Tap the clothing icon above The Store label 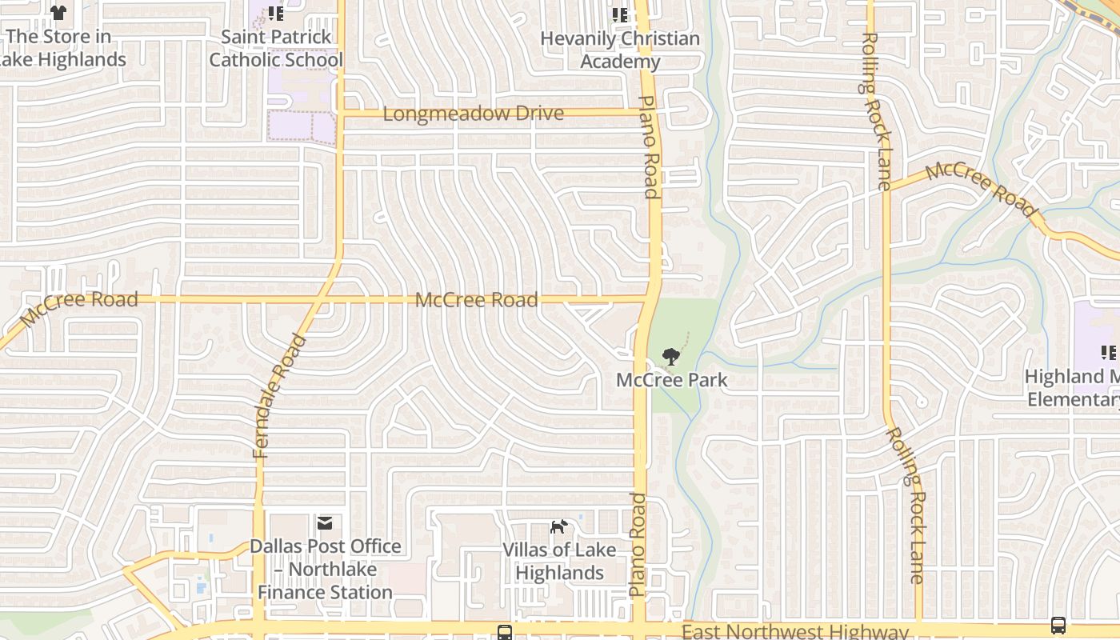tap(58, 13)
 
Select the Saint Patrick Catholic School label tap(276, 48)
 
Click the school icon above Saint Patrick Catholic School tap(276, 14)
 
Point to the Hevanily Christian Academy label tap(620, 50)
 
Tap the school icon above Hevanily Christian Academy tap(620, 14)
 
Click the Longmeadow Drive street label tap(473, 114)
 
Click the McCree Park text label tap(671, 379)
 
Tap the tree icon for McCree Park tap(671, 356)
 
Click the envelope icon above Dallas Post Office tap(325, 523)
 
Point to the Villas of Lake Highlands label tap(559, 561)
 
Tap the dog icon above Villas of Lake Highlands tap(558, 526)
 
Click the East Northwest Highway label tap(795, 632)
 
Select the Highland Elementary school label tap(1072, 387)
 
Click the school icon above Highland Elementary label tap(1108, 353)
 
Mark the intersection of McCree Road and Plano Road tap(648, 300)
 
